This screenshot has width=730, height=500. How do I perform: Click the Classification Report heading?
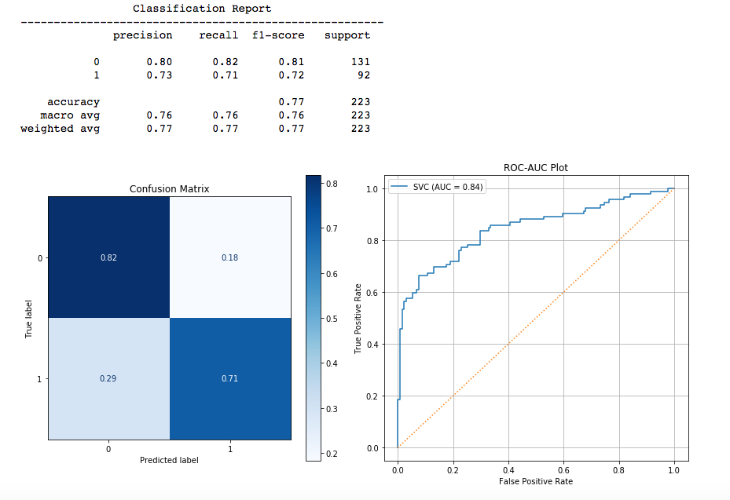pyautogui.click(x=202, y=9)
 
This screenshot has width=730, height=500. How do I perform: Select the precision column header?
pyautogui.click(x=142, y=35)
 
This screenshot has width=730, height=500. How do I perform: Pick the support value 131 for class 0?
pyautogui.click(x=361, y=62)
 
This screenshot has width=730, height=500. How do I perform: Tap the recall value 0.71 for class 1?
pyautogui.click(x=225, y=75)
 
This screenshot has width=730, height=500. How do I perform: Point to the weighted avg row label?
pyautogui.click(x=60, y=129)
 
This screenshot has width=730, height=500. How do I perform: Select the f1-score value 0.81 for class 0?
pyautogui.click(x=291, y=62)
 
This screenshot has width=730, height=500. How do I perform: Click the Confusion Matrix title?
pyautogui.click(x=170, y=189)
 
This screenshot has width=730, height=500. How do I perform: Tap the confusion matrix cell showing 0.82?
pyautogui.click(x=108, y=257)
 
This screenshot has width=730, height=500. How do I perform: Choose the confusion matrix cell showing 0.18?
pyautogui.click(x=230, y=257)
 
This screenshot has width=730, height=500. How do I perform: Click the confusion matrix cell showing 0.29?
pyautogui.click(x=108, y=378)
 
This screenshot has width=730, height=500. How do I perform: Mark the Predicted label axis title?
pyautogui.click(x=169, y=460)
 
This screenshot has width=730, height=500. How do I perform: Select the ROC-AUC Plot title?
pyautogui.click(x=535, y=167)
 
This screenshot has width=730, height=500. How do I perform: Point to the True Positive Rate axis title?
pyautogui.click(x=358, y=317)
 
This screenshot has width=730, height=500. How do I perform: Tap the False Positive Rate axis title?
pyautogui.click(x=535, y=481)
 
